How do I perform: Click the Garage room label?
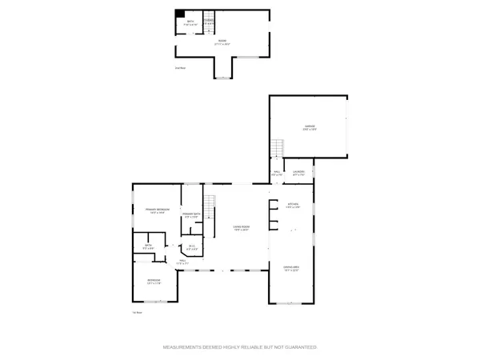point(310,126)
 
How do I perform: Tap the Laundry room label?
point(298,172)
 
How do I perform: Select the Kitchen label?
point(293,206)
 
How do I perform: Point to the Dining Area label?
point(291,268)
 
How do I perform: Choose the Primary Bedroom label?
point(155,210)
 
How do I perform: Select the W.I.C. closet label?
point(192,246)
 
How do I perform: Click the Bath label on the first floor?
point(148,247)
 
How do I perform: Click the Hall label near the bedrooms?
point(182,261)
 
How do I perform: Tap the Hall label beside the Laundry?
point(277,172)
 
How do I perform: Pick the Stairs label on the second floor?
point(209,22)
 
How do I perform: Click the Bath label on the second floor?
point(190,22)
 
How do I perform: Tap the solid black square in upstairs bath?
point(180,14)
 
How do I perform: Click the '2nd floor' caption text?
point(180,68)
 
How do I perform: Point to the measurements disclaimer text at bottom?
point(240,348)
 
